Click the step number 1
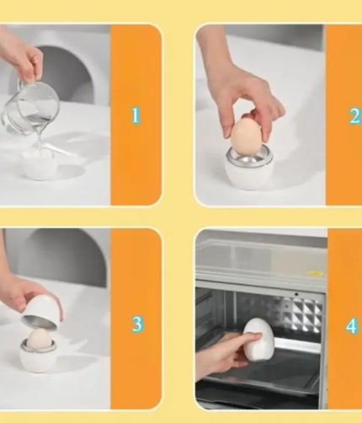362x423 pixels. coord(136,115)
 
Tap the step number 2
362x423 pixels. coord(355,115)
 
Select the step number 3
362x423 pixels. coord(137,324)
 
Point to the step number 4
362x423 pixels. coord(352,326)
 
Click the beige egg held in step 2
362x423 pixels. coord(247,137)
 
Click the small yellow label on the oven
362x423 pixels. coord(316,273)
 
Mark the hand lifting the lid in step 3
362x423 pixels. coord(25,297)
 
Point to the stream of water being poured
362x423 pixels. coord(40,137)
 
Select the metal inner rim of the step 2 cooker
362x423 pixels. coord(248,158)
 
